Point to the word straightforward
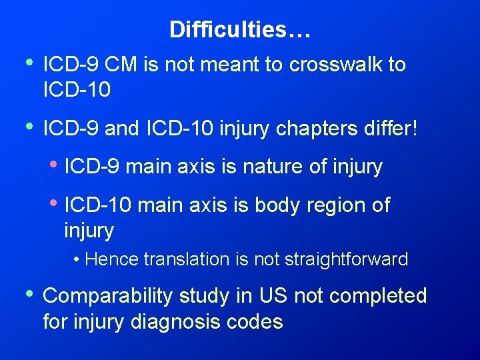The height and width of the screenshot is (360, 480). coord(346,259)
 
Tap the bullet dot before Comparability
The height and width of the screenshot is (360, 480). coord(27,294)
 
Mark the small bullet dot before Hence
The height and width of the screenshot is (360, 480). coord(78,259)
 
